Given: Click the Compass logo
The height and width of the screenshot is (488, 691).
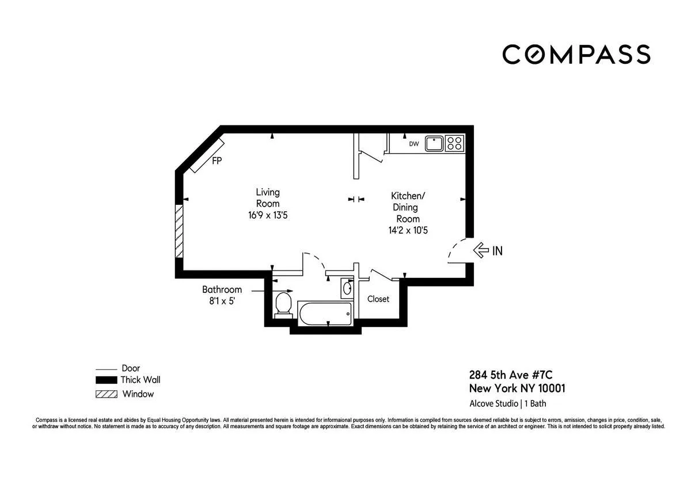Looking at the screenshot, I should [576, 54].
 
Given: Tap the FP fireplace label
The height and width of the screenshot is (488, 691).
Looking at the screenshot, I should [217, 161].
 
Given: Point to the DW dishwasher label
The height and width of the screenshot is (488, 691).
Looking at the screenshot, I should [413, 144].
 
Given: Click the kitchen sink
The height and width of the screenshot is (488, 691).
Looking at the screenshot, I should [434, 143].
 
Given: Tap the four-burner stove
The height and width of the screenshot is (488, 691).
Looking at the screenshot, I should [454, 143].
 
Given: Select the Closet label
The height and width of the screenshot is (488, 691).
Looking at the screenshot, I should [378, 299].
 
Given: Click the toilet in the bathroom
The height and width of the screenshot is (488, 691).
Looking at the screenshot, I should [283, 303].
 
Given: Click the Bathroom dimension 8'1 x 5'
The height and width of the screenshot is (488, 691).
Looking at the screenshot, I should [222, 300].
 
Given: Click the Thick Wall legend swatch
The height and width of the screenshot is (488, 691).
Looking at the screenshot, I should [106, 380].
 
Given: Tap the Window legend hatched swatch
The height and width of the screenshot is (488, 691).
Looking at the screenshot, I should [106, 395].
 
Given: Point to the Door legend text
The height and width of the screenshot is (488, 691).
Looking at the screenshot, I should [131, 368].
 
